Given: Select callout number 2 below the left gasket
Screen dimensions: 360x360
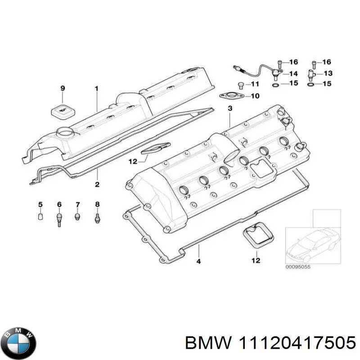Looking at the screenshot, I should pyautogui.click(x=96, y=184).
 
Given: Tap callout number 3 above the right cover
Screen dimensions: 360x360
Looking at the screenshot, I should pyautogui.click(x=229, y=108).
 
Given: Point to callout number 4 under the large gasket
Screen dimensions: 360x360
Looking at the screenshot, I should pyautogui.click(x=198, y=261).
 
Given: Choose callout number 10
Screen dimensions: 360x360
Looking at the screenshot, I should pyautogui.click(x=255, y=96).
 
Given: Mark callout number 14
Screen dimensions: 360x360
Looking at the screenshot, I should pyautogui.click(x=293, y=74).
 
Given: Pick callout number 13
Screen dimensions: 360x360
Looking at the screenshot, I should pyautogui.click(x=328, y=73).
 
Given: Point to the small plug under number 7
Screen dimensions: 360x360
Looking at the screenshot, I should pyautogui.click(x=77, y=217).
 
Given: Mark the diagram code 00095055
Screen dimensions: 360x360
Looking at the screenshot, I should pyautogui.click(x=298, y=266).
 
